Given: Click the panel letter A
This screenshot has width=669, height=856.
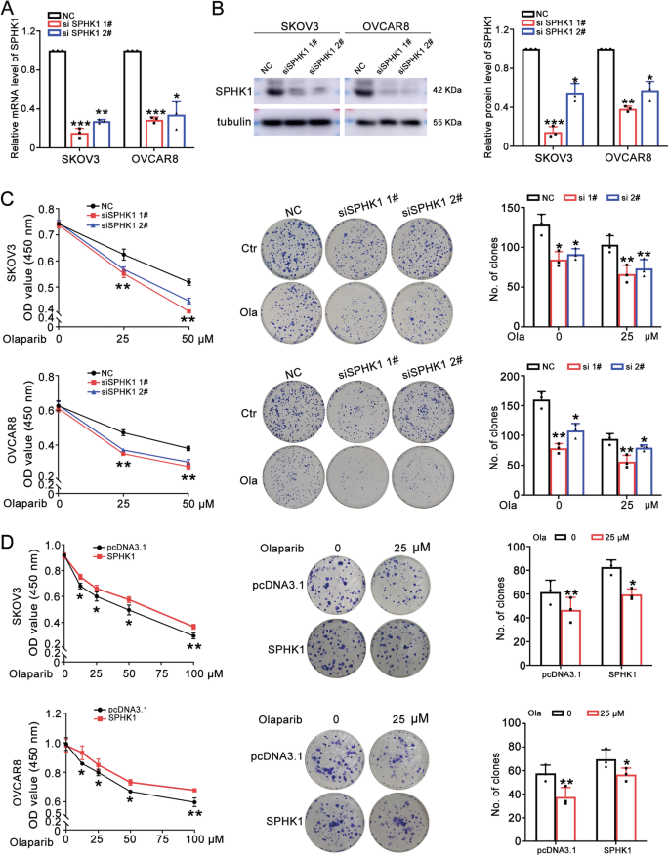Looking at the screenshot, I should tap(8, 10).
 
